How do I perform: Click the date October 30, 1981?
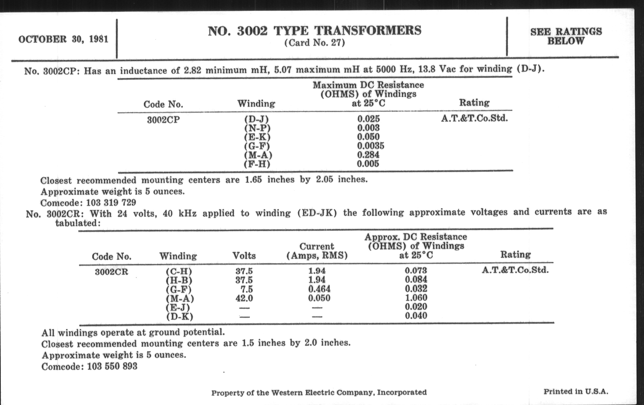click(x=63, y=39)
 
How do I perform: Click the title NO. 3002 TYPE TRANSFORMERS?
click(x=315, y=31)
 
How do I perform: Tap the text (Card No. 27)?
click(x=315, y=43)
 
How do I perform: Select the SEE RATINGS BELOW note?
click(x=566, y=36)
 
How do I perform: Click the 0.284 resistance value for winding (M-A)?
click(x=368, y=155)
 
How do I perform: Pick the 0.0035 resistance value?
click(x=371, y=146)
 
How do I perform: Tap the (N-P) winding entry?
click(x=257, y=128)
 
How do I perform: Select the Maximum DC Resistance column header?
click(x=368, y=94)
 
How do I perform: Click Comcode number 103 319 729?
click(x=111, y=203)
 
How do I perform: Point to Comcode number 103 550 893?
click(x=112, y=366)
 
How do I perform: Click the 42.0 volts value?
click(x=244, y=298)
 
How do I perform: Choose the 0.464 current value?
click(x=319, y=289)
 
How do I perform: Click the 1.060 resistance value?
click(x=416, y=298)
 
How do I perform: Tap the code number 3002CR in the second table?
click(x=111, y=272)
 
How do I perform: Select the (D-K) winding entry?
click(x=180, y=317)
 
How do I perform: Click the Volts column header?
click(x=244, y=256)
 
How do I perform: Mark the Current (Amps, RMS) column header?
click(x=317, y=251)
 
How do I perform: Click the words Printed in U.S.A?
click(x=576, y=392)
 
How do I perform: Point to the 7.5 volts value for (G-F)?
click(x=247, y=289)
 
